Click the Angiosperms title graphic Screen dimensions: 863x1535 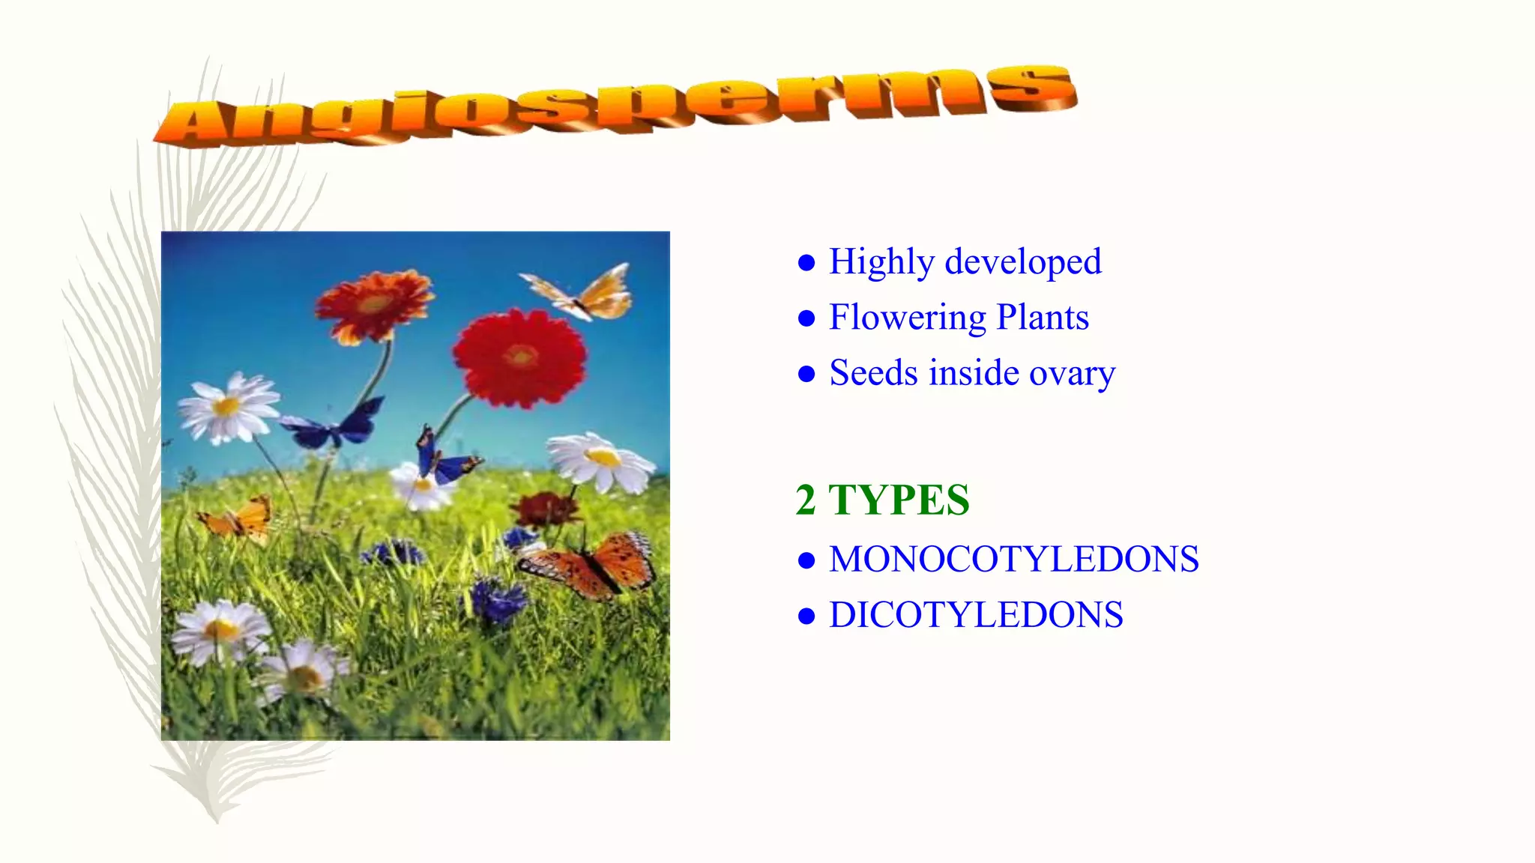[615, 105]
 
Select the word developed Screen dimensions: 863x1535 [1023, 261]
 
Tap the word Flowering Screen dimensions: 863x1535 [907, 318]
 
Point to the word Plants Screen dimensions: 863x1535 [1043, 317]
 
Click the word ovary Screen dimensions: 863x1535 [1072, 373]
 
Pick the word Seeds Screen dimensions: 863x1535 [873, 372]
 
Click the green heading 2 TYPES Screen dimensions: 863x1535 [882, 500]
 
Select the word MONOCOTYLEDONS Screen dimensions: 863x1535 [1013, 559]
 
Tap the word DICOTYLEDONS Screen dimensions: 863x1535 [976, 615]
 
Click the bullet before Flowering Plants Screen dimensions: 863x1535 [806, 318]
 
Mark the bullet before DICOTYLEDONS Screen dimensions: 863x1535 [806, 617]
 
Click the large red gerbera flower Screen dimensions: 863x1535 [519, 358]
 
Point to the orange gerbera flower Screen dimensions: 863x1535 [374, 306]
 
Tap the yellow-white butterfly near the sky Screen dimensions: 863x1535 [581, 293]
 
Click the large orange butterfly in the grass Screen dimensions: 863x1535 [592, 566]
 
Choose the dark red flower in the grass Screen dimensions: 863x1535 [546, 509]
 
